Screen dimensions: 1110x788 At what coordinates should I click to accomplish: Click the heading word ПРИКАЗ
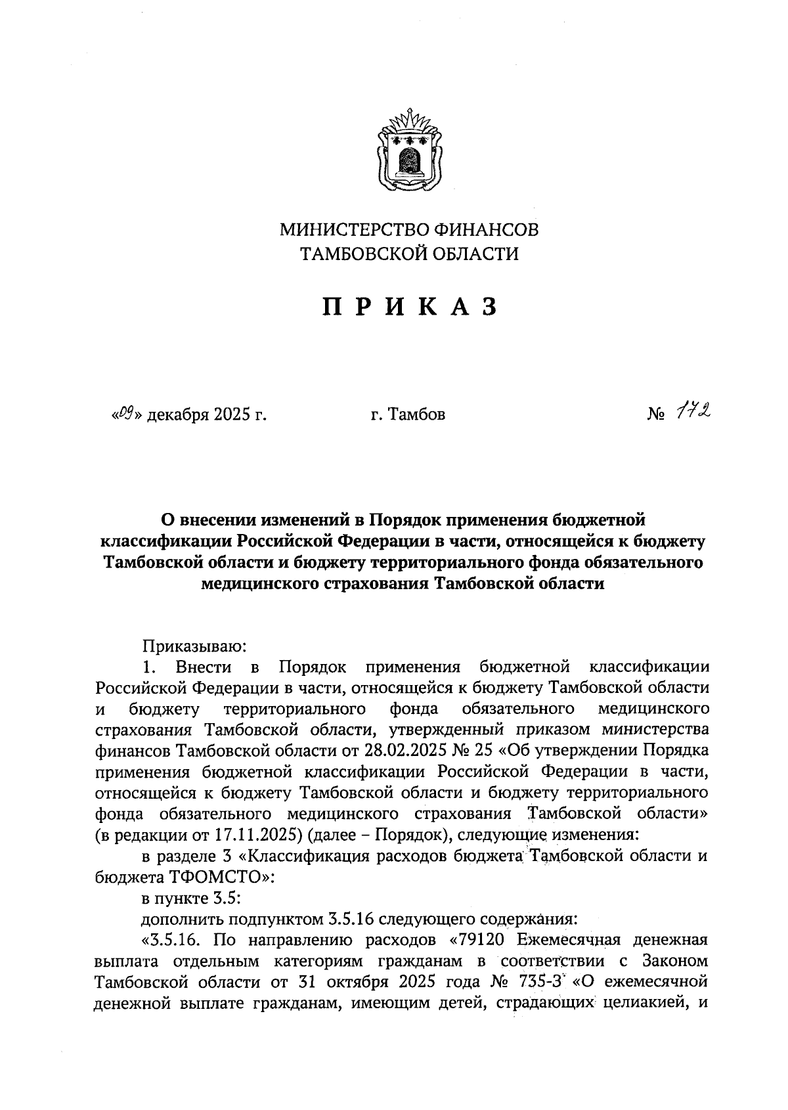[x=408, y=306]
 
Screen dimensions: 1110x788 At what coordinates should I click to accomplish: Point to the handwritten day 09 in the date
[x=125, y=414]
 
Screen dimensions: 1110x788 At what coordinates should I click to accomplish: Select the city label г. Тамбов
[x=407, y=414]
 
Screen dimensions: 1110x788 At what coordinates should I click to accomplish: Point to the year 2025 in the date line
[x=230, y=414]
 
